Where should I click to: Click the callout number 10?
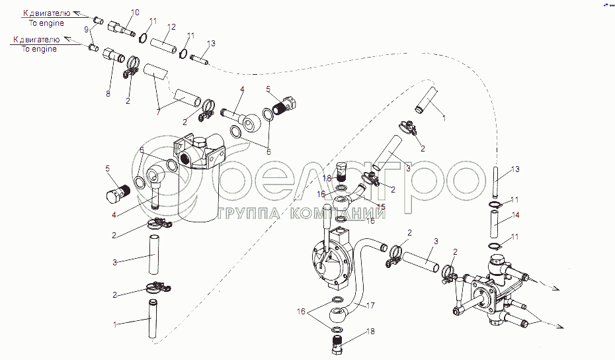pyautogui.click(x=134, y=13)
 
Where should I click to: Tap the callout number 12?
pyautogui.click(x=171, y=27)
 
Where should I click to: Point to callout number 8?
pyautogui.click(x=108, y=94)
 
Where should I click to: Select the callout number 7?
pyautogui.click(x=159, y=112)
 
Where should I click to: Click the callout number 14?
pyautogui.click(x=515, y=215)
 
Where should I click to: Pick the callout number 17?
pyautogui.click(x=370, y=306)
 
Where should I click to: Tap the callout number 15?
pyautogui.click(x=381, y=206)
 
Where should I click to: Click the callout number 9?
pyautogui.click(x=87, y=30)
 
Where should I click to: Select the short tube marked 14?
pyautogui.click(x=494, y=224)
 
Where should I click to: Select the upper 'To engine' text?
pyautogui.click(x=46, y=23)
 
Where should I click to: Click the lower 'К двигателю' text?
pyautogui.click(x=36, y=40)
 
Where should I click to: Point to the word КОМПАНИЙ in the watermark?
pyautogui.click(x=337, y=214)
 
